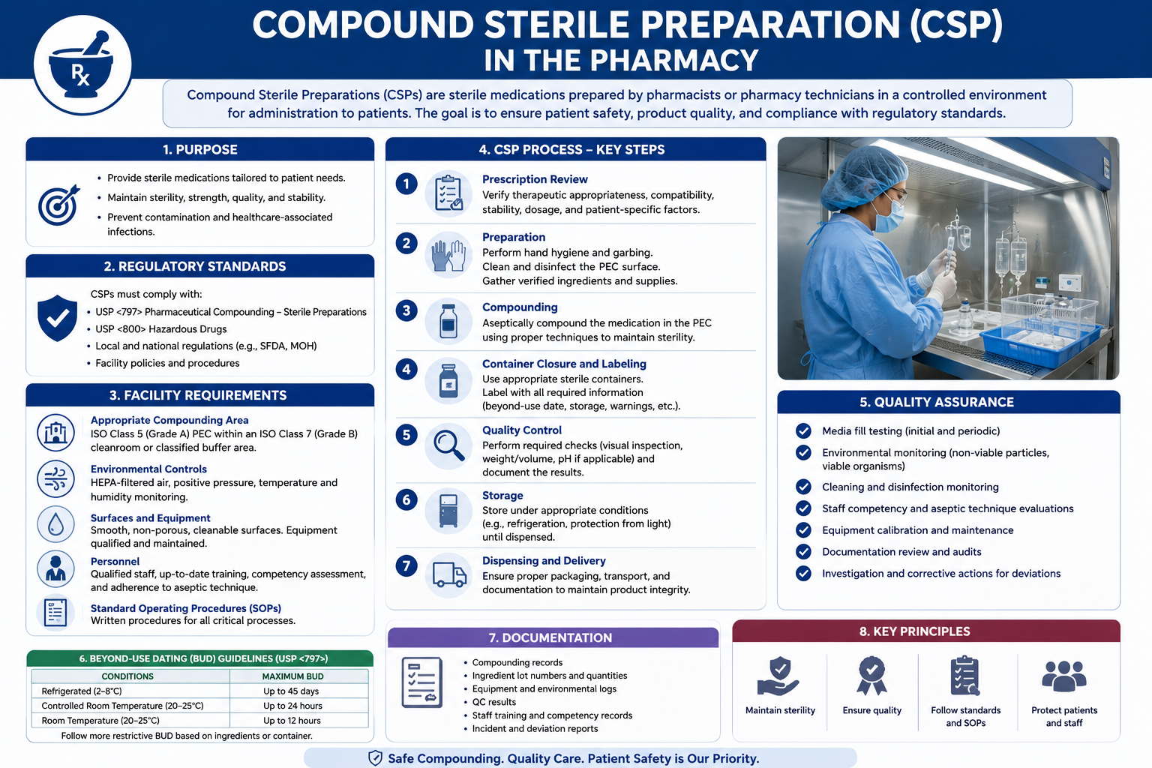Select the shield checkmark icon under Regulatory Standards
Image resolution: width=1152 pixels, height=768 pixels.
point(57,318)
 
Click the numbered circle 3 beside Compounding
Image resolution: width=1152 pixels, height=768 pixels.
point(406,310)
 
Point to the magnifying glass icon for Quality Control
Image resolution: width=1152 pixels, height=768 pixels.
point(448,445)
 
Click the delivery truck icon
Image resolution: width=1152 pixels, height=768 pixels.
point(449,574)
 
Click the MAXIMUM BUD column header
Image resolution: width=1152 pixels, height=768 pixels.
point(292,676)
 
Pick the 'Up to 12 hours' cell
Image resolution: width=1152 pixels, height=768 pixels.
point(292,721)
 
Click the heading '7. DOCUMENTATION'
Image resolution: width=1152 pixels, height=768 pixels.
point(550,637)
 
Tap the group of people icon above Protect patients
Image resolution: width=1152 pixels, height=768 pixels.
point(1064,676)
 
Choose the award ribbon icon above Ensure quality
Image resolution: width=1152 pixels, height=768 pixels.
point(871,676)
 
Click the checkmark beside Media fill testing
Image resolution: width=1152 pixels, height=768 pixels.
point(803,431)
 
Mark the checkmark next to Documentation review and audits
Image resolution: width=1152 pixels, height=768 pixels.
point(803,552)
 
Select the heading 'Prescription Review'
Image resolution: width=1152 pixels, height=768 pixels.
point(535,179)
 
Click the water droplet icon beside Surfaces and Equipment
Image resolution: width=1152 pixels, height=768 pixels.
point(55,524)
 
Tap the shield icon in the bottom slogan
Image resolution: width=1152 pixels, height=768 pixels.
point(376,757)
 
